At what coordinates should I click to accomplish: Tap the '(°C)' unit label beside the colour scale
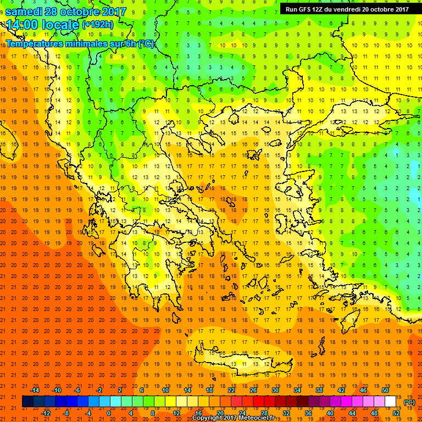tap(409, 402)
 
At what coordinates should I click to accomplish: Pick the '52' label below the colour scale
tap(396, 413)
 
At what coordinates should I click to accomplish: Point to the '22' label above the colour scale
tap(231, 390)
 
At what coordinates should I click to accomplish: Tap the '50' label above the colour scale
tap(385, 390)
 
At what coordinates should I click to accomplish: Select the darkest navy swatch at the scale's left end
tap(27, 402)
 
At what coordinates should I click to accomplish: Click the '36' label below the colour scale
tap(308, 413)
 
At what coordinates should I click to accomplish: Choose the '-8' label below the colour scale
tap(66, 413)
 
